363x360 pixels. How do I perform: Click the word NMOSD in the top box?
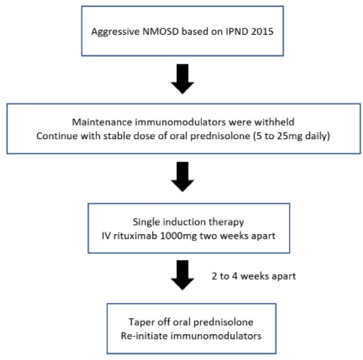(x=160, y=31)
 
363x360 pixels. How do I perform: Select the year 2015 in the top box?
(x=262, y=31)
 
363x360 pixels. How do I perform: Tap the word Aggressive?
(x=115, y=31)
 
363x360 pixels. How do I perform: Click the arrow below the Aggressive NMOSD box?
(x=182, y=79)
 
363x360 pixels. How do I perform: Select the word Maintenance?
(x=102, y=122)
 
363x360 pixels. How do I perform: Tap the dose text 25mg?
(x=289, y=136)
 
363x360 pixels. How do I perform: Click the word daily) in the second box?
(x=318, y=136)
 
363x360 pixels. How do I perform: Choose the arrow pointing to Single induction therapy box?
(x=182, y=176)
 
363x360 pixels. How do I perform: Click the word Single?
(x=147, y=222)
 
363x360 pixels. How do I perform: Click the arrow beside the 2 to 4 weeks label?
(x=182, y=275)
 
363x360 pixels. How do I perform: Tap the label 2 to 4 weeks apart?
(x=254, y=276)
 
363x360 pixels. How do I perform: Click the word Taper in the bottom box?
(x=142, y=322)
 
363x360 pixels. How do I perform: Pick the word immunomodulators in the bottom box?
(x=216, y=335)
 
